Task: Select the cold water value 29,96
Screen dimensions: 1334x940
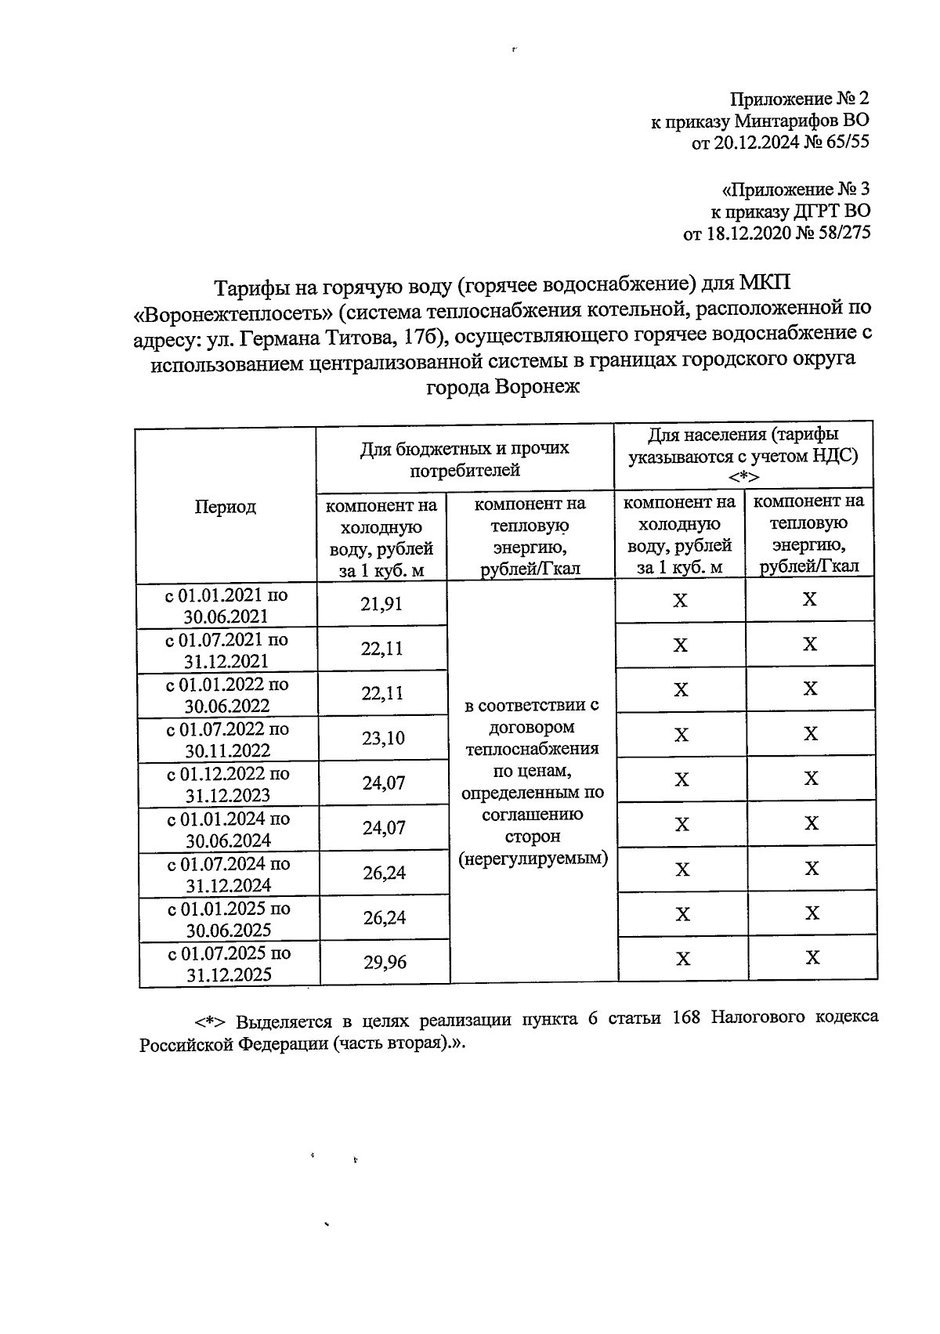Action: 385,962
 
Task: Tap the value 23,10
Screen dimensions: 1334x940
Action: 383,738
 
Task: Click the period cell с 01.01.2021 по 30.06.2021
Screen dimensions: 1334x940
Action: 226,606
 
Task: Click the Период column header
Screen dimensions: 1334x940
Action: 225,507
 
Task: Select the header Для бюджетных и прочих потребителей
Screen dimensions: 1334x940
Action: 465,459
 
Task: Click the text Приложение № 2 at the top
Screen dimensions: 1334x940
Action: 799,99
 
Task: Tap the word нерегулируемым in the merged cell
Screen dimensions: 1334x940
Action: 533,859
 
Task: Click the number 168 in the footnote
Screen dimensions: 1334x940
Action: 687,1018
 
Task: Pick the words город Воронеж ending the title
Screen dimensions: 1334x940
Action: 502,387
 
